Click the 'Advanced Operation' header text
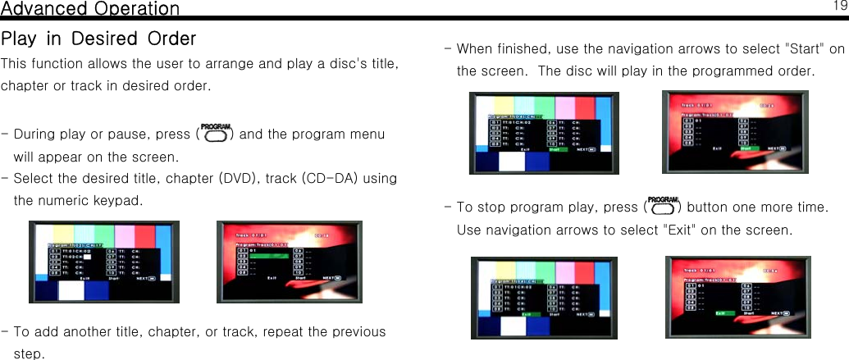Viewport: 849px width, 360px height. [90, 9]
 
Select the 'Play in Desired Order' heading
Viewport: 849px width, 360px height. [98, 39]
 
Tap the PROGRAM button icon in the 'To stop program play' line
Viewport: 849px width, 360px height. [664, 206]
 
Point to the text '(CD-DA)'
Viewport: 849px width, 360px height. [331, 179]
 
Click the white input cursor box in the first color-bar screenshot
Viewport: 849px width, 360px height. [86, 255]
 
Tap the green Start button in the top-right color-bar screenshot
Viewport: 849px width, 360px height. [554, 149]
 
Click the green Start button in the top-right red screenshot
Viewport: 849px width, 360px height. [747, 148]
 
